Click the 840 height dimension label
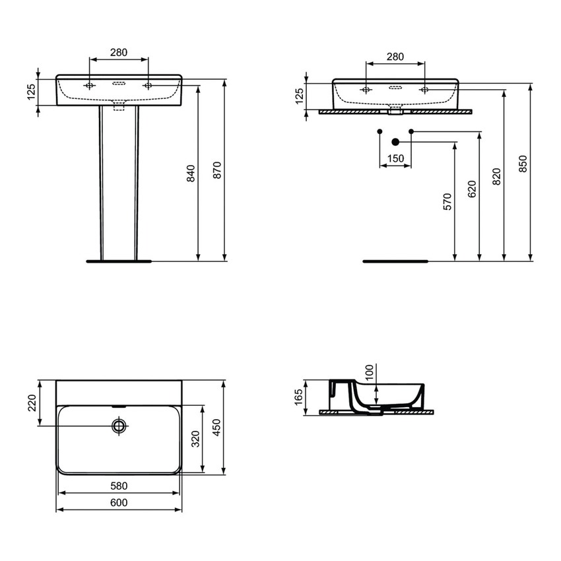191,172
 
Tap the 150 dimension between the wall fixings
395,158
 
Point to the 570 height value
447,201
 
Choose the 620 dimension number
471,189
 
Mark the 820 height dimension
496,176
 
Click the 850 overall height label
523,164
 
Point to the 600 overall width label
119,503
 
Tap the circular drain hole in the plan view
119,426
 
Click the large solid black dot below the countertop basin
396,141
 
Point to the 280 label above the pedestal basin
119,53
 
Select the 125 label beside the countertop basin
299,96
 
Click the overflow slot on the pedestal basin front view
119,84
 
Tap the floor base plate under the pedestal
119,261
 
